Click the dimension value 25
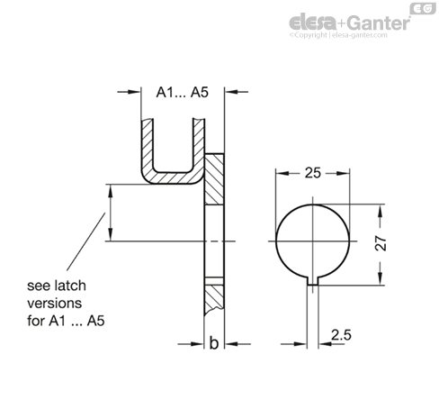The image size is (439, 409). click(x=313, y=173)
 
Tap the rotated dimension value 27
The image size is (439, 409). click(x=381, y=243)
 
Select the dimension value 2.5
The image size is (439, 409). click(x=341, y=335)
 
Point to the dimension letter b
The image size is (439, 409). click(x=214, y=343)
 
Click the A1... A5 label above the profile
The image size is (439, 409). click(x=183, y=92)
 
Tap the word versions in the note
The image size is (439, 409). click(x=54, y=304)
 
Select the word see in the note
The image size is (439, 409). click(x=38, y=286)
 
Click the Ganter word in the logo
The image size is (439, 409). click(x=380, y=23)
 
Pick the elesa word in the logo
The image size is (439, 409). click(x=312, y=23)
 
